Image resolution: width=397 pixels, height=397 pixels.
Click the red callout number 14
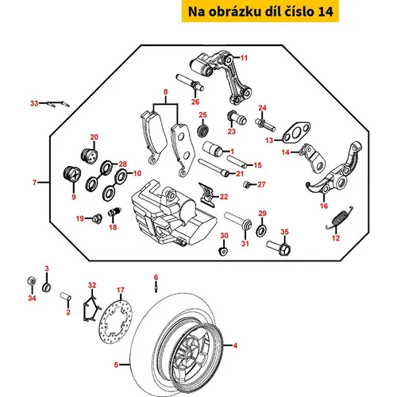point(285,152)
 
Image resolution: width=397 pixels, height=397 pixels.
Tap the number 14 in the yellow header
point(326,12)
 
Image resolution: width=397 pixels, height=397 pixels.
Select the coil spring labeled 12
point(340,218)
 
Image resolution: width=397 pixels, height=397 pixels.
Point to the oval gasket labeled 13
point(296,133)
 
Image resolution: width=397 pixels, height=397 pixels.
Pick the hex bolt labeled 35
point(279,249)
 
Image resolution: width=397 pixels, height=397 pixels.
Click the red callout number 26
point(195,102)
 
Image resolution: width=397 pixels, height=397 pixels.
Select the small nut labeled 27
point(246,184)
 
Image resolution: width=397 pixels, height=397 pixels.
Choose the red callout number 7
point(34,183)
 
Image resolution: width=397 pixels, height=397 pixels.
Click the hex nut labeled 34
point(32,281)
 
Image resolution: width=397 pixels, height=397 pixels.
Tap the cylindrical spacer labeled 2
point(65,296)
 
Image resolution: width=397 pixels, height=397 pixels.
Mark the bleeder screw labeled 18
point(114,212)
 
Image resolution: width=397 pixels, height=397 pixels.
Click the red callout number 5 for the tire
point(116,364)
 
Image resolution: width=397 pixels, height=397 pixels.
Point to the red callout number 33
point(34,103)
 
